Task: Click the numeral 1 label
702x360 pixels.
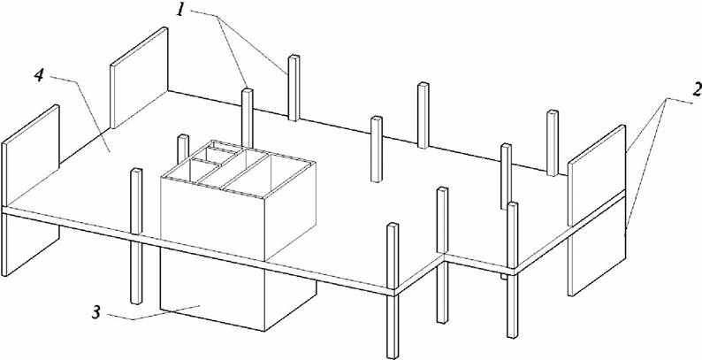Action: (180, 9)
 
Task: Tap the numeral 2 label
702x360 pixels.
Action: (695, 91)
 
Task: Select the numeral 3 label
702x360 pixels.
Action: (95, 312)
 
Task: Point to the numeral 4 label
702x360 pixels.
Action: (40, 75)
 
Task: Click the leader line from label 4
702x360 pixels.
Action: (80, 114)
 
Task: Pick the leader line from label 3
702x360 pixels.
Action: (153, 313)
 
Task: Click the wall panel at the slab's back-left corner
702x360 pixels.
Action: (139, 78)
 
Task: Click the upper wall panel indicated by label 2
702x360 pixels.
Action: (596, 175)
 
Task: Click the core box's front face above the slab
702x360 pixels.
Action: (212, 219)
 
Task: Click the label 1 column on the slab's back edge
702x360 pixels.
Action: (294, 88)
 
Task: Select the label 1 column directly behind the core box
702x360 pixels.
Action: (248, 118)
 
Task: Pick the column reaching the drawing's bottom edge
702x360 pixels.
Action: (393, 291)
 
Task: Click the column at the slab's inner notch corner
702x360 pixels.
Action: (442, 256)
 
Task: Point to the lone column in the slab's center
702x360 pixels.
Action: (377, 149)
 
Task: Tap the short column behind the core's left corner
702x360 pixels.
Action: (183, 149)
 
